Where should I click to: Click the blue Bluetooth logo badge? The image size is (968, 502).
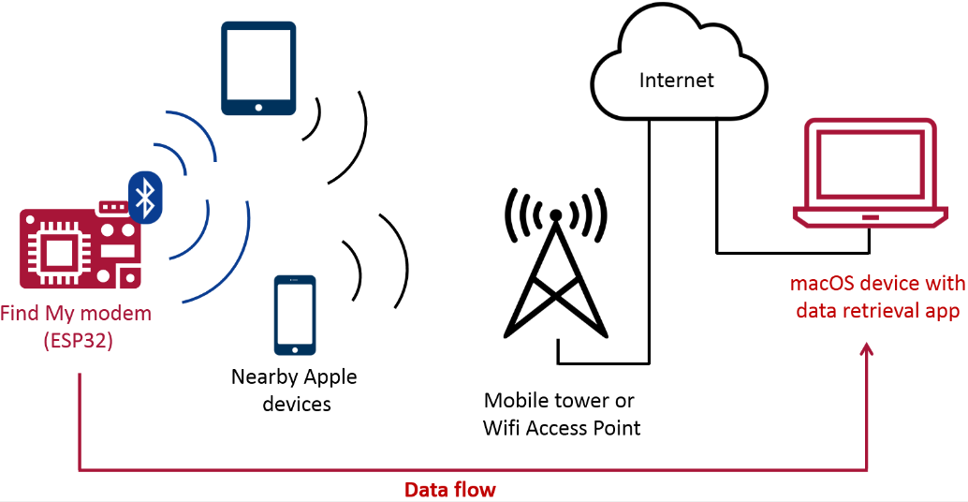pyautogui.click(x=145, y=197)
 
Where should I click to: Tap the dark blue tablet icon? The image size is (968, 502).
pyautogui.click(x=258, y=68)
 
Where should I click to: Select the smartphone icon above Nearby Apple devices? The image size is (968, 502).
pyautogui.click(x=295, y=316)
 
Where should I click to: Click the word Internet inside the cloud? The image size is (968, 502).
pyautogui.click(x=676, y=81)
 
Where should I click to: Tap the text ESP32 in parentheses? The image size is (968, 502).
pyautogui.click(x=78, y=341)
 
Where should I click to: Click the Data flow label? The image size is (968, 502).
pyautogui.click(x=449, y=489)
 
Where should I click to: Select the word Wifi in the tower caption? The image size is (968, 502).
pyautogui.click(x=504, y=428)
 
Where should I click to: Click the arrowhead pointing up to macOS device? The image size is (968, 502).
pyautogui.click(x=867, y=349)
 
